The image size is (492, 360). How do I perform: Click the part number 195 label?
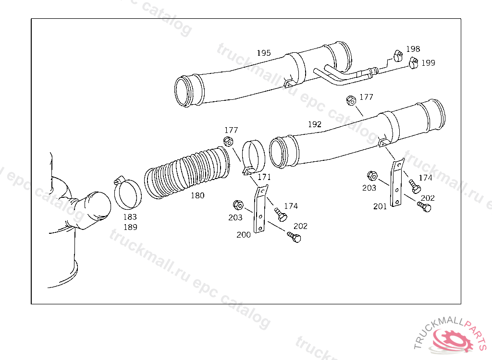click(x=263, y=53)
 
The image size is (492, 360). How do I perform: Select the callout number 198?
click(x=413, y=49)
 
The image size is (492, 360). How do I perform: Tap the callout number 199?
click(x=428, y=63)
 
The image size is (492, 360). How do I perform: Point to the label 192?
click(x=314, y=124)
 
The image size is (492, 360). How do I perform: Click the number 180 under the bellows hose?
click(x=197, y=195)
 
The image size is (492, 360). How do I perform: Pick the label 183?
click(x=130, y=217)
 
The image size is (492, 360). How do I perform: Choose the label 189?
click(x=130, y=227)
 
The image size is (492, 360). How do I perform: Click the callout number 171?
click(x=264, y=177)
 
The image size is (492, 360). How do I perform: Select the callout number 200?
click(x=243, y=235)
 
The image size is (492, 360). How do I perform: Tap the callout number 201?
click(x=381, y=206)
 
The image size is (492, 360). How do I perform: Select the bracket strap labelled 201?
click(x=397, y=183)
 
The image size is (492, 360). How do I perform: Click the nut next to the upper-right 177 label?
click(x=351, y=101)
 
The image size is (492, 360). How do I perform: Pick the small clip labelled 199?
click(x=413, y=62)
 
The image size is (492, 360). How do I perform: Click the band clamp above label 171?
click(x=253, y=156)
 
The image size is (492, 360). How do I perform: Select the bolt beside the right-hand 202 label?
click(x=425, y=207)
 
